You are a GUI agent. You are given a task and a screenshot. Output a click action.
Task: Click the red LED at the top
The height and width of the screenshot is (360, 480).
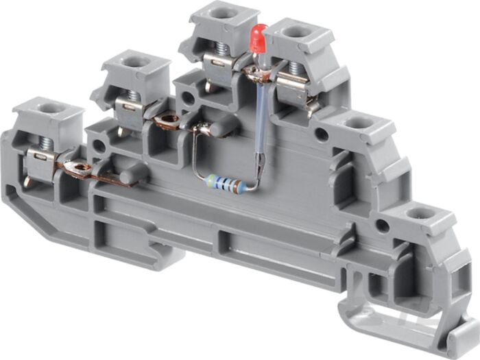coord(259,38)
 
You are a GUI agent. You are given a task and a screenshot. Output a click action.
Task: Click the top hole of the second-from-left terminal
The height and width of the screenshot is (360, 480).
coord(136,61)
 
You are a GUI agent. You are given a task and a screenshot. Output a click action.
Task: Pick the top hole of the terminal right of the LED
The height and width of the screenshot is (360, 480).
coord(296,31)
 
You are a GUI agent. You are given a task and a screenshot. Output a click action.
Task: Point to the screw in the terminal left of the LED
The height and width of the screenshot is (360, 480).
coord(222,49)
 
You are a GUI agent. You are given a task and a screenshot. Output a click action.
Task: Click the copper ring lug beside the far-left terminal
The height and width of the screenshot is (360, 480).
coord(81,167)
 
